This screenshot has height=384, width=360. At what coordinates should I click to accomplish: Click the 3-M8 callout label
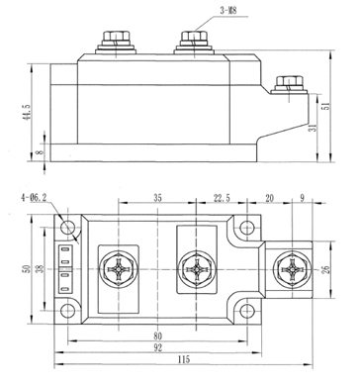[x=227, y=10]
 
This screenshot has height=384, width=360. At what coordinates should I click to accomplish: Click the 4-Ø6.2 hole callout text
[x=34, y=198]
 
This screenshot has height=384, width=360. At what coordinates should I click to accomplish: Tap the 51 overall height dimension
[x=326, y=106]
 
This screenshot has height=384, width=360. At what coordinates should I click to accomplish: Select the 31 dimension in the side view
[x=314, y=128]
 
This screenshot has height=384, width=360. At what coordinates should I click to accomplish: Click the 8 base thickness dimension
[x=40, y=152]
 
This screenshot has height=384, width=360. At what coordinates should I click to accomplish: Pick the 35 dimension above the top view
[x=157, y=198]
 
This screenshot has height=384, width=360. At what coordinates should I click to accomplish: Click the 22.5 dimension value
[x=222, y=198]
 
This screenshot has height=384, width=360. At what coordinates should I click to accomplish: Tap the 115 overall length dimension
[x=184, y=359]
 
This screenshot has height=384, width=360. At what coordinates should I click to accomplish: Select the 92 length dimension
[x=158, y=347]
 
